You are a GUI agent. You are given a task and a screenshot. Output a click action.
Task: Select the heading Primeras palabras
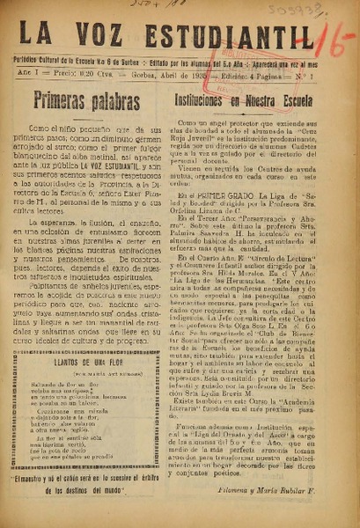pyautogui.click(x=86, y=99)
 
